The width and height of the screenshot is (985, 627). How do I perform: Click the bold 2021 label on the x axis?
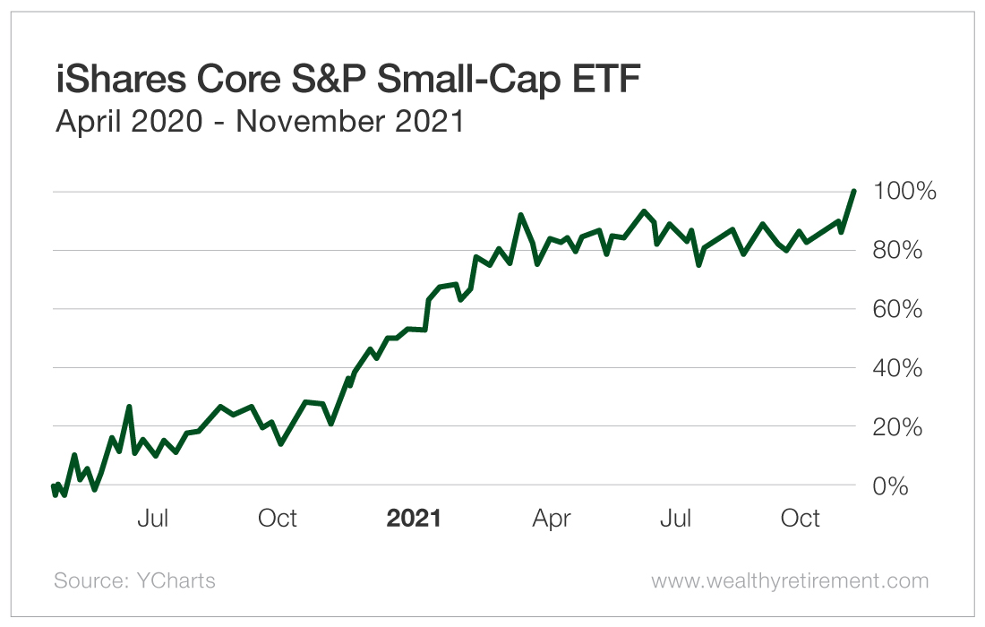(414, 518)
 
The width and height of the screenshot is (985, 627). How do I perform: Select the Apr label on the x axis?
(552, 518)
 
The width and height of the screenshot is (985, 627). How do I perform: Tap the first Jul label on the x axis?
(153, 518)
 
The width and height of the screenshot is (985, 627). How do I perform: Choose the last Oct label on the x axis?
(801, 518)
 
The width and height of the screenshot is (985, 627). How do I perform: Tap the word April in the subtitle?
(87, 121)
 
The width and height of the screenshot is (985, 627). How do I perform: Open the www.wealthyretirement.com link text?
(790, 580)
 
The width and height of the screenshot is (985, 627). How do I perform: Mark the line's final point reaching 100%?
(854, 191)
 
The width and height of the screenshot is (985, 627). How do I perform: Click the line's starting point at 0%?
(52, 486)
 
